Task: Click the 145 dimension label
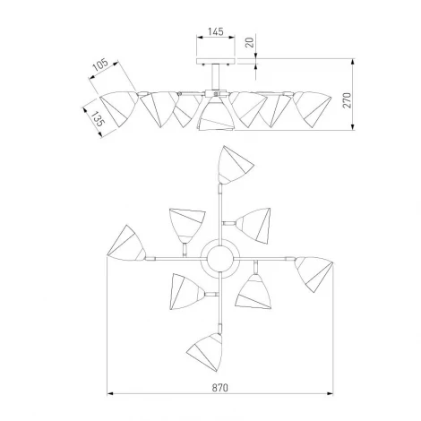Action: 216,31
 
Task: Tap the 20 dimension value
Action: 250,42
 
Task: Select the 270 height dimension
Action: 348,100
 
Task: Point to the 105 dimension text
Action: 99,65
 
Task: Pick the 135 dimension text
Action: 98,118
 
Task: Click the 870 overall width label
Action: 220,388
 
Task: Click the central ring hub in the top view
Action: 220,258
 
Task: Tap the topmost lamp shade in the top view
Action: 235,165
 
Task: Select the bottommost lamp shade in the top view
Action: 205,352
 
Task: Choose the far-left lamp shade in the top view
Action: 126,244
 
